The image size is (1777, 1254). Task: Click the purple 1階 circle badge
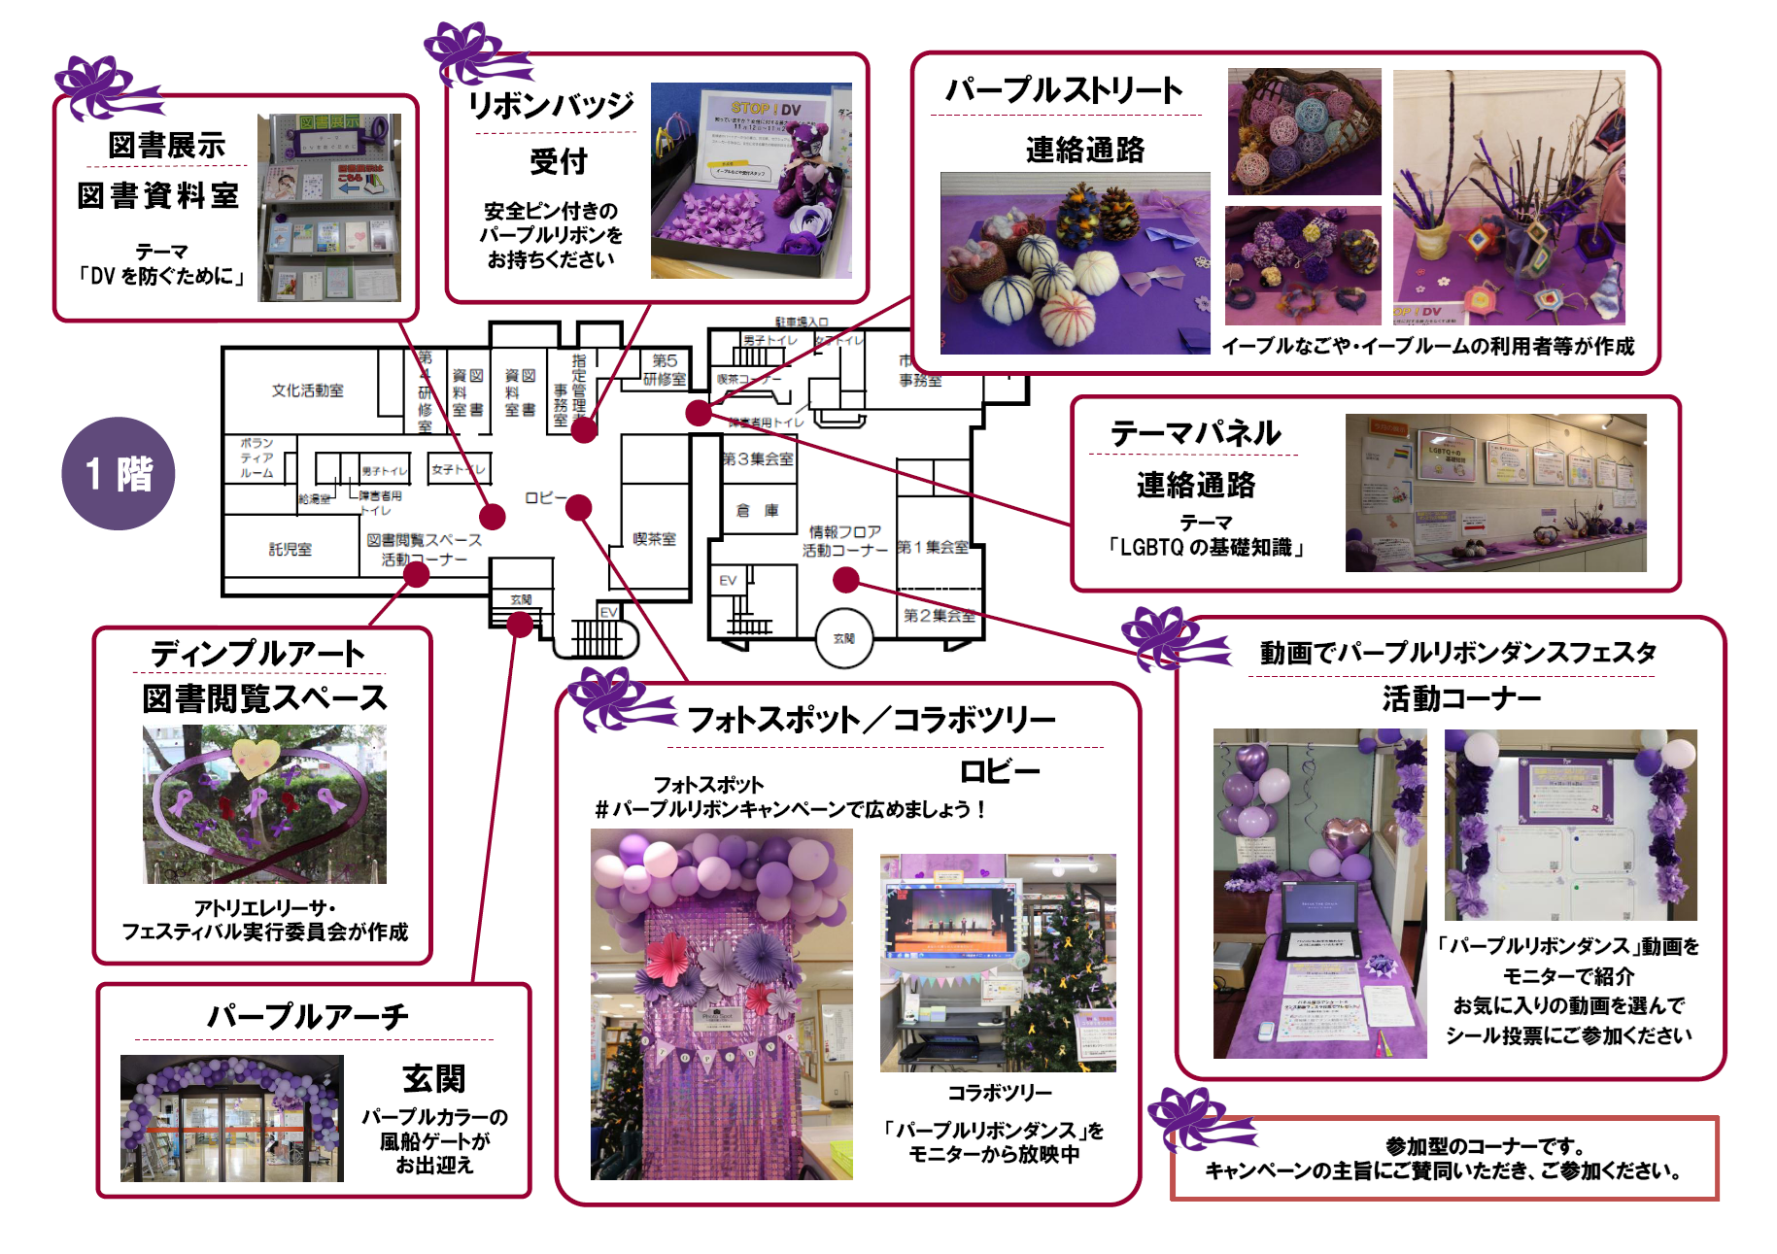click(x=118, y=473)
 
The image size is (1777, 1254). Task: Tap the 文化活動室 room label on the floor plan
click(x=307, y=390)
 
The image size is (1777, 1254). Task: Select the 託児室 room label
click(x=290, y=549)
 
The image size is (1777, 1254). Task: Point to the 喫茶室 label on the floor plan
click(x=654, y=539)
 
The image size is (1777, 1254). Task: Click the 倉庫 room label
click(x=758, y=510)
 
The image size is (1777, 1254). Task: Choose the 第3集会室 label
click(x=758, y=458)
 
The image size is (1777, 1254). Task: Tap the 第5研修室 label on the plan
click(x=665, y=369)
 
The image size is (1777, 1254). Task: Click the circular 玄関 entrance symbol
click(x=843, y=638)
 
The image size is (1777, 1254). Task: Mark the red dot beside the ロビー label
click(x=579, y=507)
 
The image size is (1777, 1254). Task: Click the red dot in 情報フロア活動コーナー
click(x=846, y=580)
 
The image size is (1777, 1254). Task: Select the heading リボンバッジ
click(x=551, y=105)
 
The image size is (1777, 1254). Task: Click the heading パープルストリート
click(x=1064, y=90)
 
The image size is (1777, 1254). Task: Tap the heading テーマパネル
click(x=1195, y=433)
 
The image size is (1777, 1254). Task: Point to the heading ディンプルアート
click(x=257, y=654)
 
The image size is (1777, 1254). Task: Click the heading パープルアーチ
click(x=308, y=1017)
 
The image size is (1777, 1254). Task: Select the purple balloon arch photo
click(x=232, y=1118)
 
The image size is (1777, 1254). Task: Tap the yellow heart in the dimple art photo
click(x=255, y=758)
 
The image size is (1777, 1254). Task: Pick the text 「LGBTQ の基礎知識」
click(x=1205, y=548)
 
